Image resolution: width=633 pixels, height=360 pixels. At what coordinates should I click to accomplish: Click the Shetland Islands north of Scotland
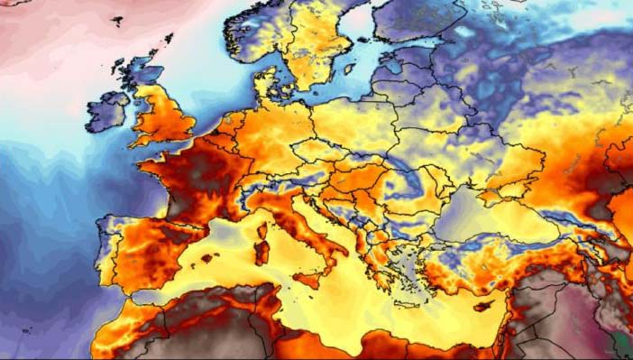click(x=169, y=39)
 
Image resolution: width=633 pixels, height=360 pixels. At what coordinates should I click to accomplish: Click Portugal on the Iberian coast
click(x=105, y=253)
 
